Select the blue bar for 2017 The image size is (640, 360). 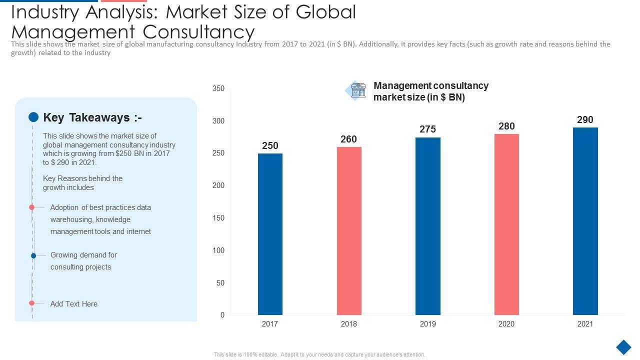pos(270,234)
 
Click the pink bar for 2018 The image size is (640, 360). pos(349,230)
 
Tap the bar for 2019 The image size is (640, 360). pos(427,226)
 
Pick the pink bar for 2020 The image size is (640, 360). pos(506,224)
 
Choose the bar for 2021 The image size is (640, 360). pos(585,221)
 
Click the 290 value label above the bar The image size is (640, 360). pos(585,120)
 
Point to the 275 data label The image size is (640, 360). pos(427,129)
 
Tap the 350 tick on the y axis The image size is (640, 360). pos(218,89)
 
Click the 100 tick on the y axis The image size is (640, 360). pos(218,250)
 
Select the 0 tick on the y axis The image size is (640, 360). pos(222,315)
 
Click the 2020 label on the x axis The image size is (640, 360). pos(506,324)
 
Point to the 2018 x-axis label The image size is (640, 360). pos(349,324)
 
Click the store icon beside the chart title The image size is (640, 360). pos(357,90)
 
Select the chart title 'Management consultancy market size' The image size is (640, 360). pos(430,91)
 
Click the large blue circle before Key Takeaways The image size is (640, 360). pos(33,117)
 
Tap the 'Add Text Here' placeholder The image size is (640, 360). pos(74,304)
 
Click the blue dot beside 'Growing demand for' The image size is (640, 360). pos(33,255)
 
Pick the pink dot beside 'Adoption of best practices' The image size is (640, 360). pos(31,207)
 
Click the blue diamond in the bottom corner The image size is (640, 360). pos(623,347)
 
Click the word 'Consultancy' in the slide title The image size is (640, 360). pos(198,31)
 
